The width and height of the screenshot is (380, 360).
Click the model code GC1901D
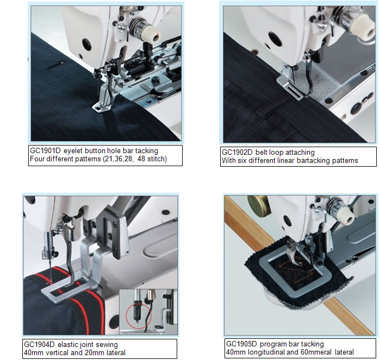[45, 150]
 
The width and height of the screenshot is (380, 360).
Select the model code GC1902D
[237, 152]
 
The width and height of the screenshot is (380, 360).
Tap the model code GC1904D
[39, 344]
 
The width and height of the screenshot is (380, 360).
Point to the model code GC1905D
[241, 344]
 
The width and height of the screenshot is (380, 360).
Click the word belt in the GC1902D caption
[261, 152]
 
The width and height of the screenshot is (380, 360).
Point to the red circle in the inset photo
[139, 315]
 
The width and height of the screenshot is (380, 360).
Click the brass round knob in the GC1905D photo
[258, 205]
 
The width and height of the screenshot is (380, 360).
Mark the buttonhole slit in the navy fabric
[56, 65]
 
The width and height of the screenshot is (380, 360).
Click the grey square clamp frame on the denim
[295, 273]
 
